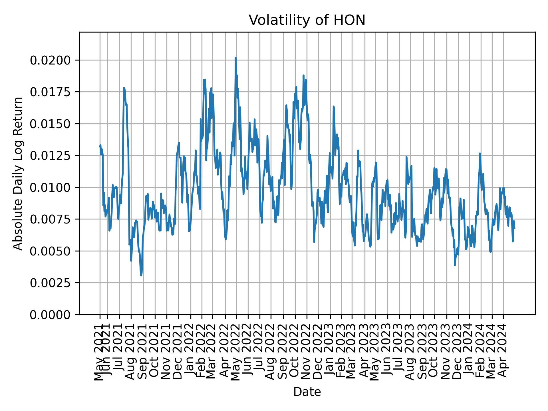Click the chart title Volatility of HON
point(307,20)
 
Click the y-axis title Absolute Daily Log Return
point(18,173)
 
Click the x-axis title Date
point(307,392)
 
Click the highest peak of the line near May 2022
point(235,58)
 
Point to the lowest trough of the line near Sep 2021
point(141,275)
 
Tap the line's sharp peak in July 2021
point(124,88)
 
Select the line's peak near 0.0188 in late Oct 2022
point(303,76)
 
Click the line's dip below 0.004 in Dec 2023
point(455,265)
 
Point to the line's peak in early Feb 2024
point(480,154)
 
